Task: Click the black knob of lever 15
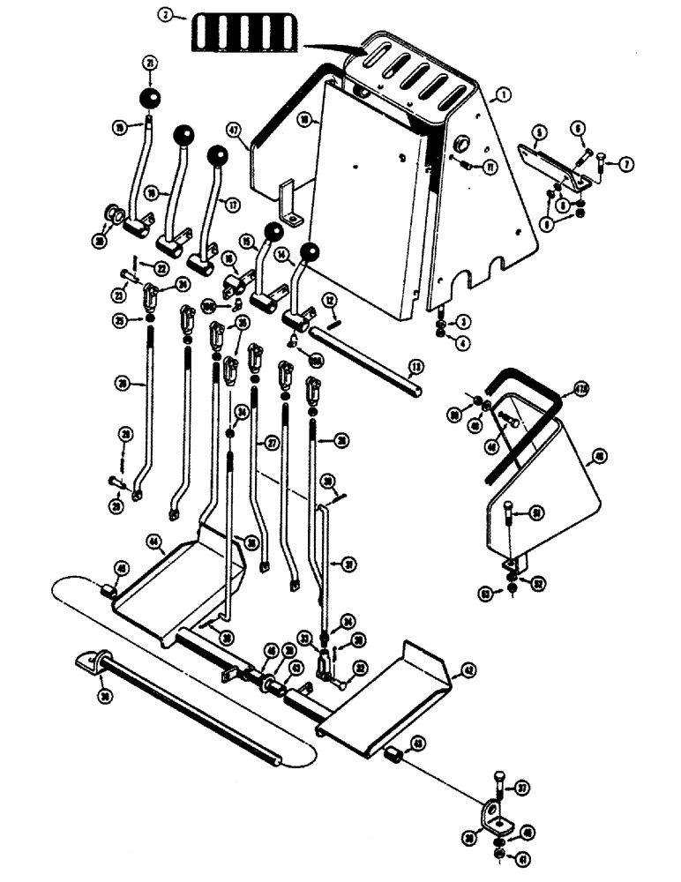pos(274,232)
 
